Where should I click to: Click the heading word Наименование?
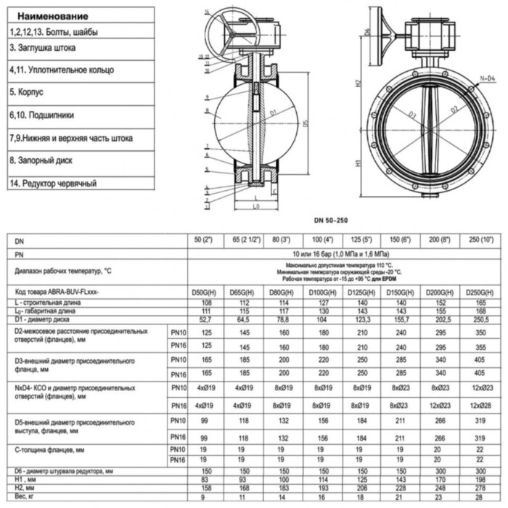point(53,16)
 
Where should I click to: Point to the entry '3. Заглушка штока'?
point(42,47)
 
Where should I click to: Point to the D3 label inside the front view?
point(411,115)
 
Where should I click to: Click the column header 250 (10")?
point(479,239)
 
